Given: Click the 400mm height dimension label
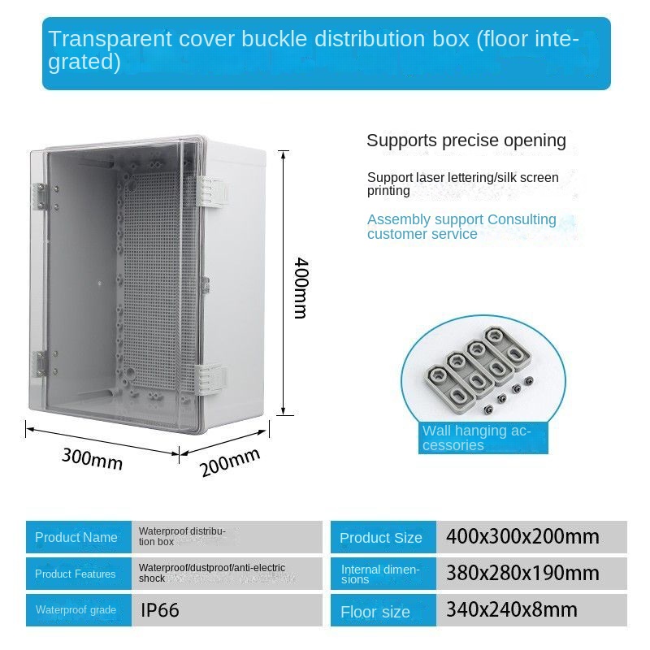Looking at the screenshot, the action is click(x=301, y=288).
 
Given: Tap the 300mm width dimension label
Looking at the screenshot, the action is click(x=93, y=459).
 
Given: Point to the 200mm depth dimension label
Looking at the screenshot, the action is click(x=230, y=462).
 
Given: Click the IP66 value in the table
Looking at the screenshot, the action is click(x=159, y=610).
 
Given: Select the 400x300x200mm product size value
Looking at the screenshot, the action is click(x=522, y=537).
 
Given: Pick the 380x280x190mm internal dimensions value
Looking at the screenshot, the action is click(x=522, y=574).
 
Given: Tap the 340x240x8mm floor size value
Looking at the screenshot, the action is click(x=512, y=610).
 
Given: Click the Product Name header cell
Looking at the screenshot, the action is click(x=79, y=537).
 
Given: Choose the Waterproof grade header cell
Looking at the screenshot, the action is click(x=79, y=610).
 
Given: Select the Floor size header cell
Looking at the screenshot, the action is click(x=383, y=610).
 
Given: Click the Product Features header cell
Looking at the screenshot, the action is click(x=79, y=574).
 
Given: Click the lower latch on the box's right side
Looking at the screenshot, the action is click(x=212, y=379).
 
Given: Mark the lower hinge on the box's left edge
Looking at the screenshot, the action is click(x=41, y=363).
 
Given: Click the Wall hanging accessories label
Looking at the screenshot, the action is click(x=477, y=438).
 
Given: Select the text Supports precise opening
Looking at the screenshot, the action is click(x=466, y=141).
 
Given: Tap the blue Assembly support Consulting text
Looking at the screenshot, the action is click(x=461, y=227).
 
